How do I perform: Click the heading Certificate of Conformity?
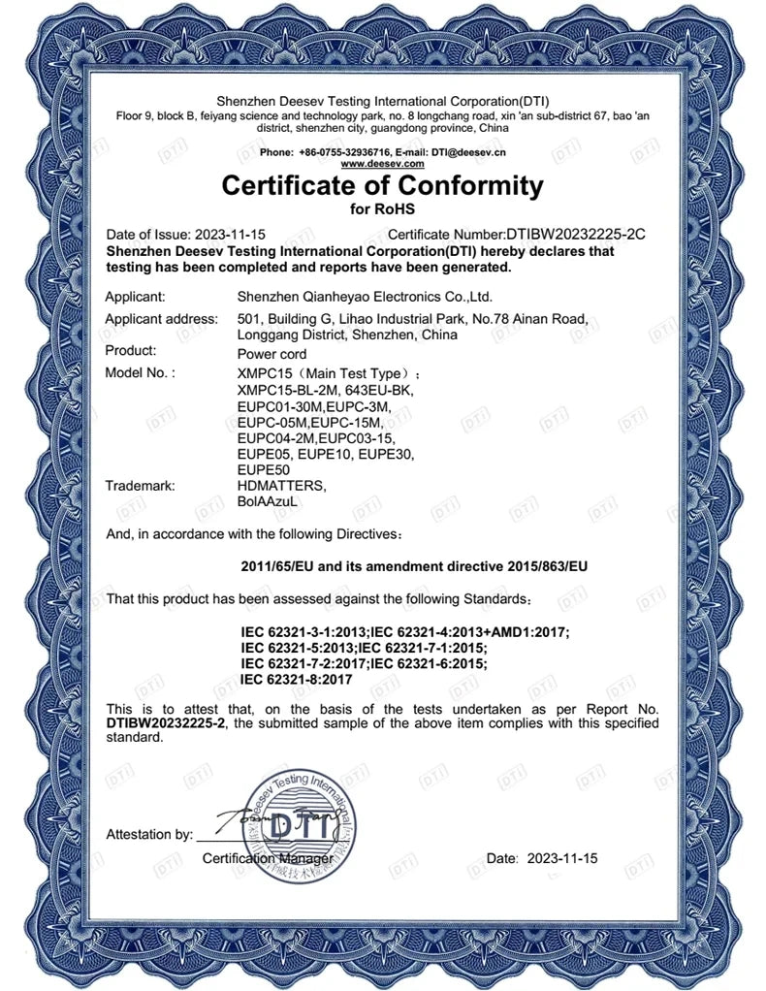point(382,184)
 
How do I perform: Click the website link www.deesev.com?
point(382,164)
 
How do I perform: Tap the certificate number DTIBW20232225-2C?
point(576,235)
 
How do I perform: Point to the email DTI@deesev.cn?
point(469,152)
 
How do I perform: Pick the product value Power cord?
point(272,354)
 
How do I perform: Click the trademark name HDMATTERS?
point(281,486)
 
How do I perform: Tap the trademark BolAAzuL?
point(266,501)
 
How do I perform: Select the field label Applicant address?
point(161,319)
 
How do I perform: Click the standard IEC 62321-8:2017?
point(296,680)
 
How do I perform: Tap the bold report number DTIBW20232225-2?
point(165,723)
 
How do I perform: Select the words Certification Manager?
point(268,859)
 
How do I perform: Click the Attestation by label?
point(149,834)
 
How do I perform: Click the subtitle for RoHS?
point(382,208)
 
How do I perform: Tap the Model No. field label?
point(140,373)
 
